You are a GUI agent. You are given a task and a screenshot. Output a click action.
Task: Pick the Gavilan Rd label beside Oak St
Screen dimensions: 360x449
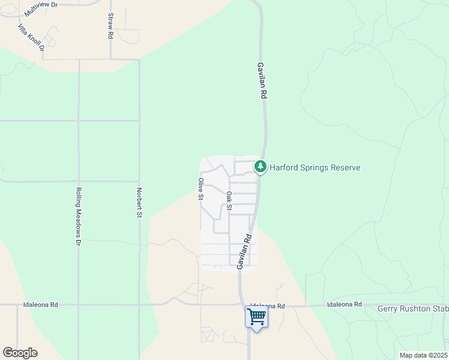[x=245, y=251]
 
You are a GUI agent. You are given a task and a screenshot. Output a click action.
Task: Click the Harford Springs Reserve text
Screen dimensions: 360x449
[x=315, y=167]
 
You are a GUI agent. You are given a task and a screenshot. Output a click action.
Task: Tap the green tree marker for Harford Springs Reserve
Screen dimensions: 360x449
[x=261, y=166]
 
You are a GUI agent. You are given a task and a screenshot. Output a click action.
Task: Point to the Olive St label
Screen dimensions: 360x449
[x=201, y=189]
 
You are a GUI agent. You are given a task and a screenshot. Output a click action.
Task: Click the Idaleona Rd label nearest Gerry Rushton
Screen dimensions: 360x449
[x=345, y=305]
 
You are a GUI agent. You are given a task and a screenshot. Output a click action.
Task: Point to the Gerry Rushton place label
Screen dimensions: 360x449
[x=413, y=308]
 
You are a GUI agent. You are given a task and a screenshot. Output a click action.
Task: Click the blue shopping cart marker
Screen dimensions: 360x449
[x=257, y=316]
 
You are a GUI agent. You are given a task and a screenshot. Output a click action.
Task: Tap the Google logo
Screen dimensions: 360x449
[x=20, y=353]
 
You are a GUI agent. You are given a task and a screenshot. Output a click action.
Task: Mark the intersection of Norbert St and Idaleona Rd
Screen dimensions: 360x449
[x=139, y=305]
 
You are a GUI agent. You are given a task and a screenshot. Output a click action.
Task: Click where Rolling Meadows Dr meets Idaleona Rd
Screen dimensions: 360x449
[x=79, y=305]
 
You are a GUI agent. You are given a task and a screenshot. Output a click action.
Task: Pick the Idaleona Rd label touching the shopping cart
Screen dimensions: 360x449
[x=267, y=305]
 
